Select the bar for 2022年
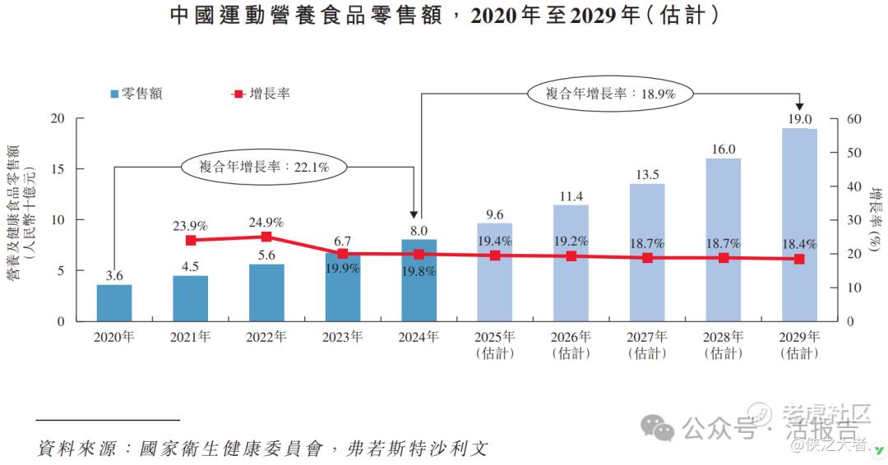tap(266, 292)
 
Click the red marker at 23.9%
tap(191, 241)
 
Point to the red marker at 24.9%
tap(266, 237)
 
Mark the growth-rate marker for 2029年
tap(799, 260)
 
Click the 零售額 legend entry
tap(136, 94)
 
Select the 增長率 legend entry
tap(261, 94)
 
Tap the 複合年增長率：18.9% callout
tap(610, 94)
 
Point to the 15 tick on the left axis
tap(57, 169)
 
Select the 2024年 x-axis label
tap(419, 337)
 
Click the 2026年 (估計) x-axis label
tap(571, 344)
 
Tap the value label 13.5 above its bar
tap(647, 174)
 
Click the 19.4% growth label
tap(495, 242)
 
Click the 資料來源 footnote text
tap(263, 449)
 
